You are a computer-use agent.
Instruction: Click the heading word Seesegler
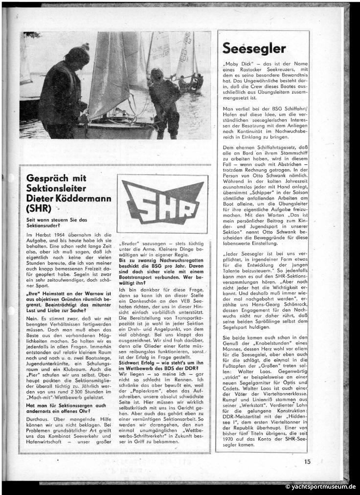(254, 47)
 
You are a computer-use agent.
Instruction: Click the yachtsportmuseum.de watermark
(321, 487)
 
